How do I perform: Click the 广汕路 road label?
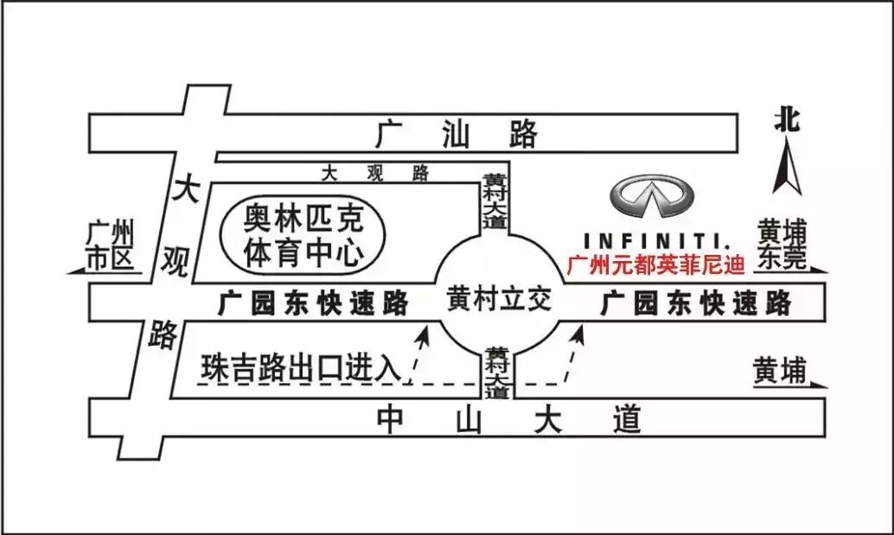[457, 134]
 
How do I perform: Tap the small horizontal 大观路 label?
[374, 173]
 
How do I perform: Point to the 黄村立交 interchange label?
[499, 299]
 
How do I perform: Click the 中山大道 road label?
[510, 420]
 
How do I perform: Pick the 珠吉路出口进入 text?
[302, 367]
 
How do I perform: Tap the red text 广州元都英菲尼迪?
[655, 265]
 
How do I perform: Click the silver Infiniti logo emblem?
[655, 197]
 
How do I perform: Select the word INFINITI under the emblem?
[655, 239]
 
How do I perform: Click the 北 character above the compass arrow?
[788, 121]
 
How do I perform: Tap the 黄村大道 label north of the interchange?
[495, 201]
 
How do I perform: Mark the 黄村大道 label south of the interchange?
[496, 373]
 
